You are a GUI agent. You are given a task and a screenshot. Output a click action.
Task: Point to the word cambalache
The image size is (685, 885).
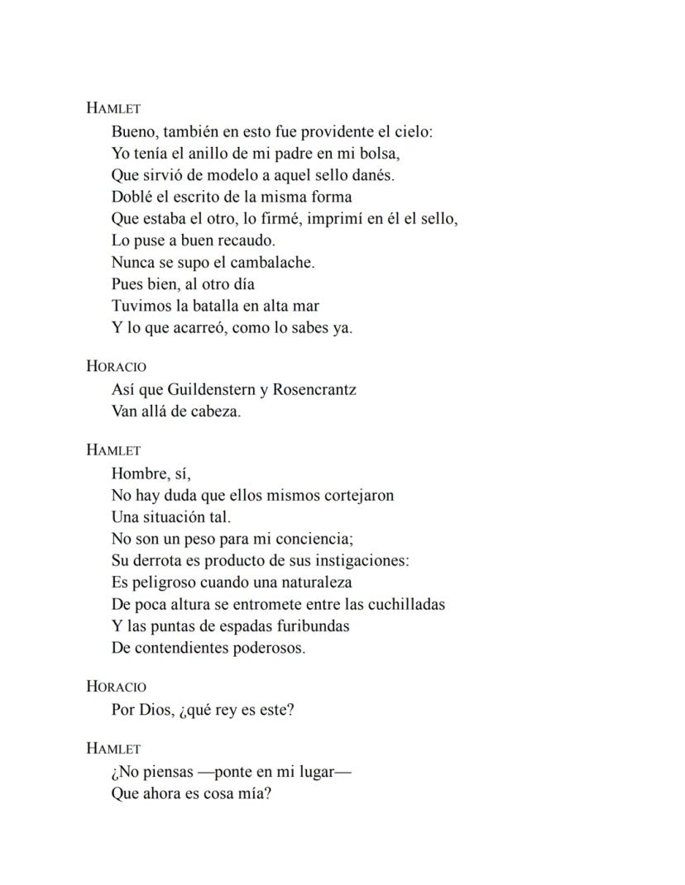[272, 263]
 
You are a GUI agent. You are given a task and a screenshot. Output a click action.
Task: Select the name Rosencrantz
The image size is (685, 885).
[314, 389]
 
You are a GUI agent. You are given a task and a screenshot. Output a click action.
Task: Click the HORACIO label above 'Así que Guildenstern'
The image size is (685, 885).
[117, 367]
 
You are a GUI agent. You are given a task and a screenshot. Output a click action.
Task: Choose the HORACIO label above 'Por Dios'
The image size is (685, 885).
[117, 687]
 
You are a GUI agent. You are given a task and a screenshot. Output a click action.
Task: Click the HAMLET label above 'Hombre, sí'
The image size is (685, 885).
[113, 450]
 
